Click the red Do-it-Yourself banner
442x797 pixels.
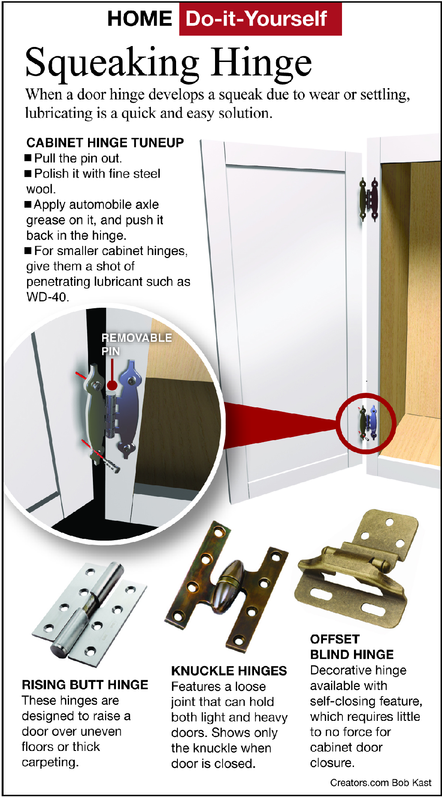(x=260, y=19)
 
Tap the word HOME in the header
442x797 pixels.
(x=140, y=19)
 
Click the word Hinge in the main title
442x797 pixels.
(x=261, y=63)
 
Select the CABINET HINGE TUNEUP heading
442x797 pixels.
(x=105, y=143)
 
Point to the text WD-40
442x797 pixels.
(x=47, y=297)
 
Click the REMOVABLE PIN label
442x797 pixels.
(x=137, y=344)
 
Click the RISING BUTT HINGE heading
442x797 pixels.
(x=85, y=685)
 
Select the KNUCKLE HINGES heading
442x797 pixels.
(x=229, y=671)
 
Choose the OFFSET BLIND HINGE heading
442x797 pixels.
(x=352, y=647)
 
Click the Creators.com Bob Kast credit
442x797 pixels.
(x=381, y=783)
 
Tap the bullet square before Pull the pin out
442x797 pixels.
(x=28, y=158)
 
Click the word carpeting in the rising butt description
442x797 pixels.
(x=50, y=762)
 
